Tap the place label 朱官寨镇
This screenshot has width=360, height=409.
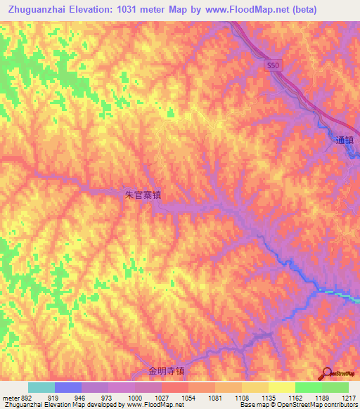click(x=143, y=195)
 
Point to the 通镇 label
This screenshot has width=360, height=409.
click(x=345, y=140)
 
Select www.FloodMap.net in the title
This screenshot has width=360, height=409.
click(x=249, y=10)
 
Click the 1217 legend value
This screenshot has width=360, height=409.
click(x=349, y=398)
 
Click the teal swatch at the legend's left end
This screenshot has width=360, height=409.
click(x=41, y=387)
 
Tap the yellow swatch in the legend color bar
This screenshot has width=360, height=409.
click(x=282, y=387)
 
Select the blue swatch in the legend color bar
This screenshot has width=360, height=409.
click(x=68, y=387)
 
